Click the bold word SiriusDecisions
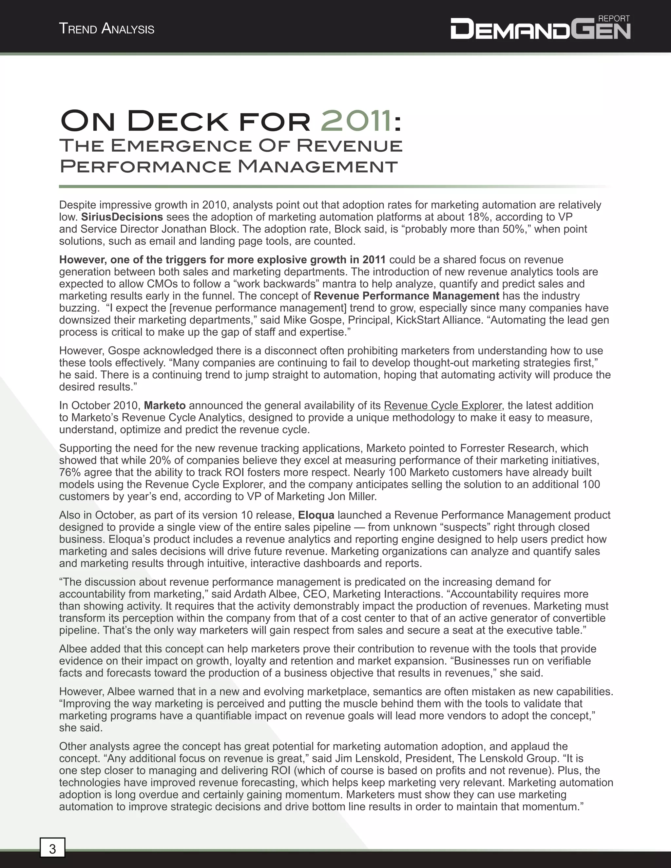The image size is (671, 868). tap(122, 217)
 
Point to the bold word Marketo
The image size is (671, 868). tap(164, 406)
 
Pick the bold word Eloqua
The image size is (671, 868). tap(316, 515)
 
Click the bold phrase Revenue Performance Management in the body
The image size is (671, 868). tap(406, 296)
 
